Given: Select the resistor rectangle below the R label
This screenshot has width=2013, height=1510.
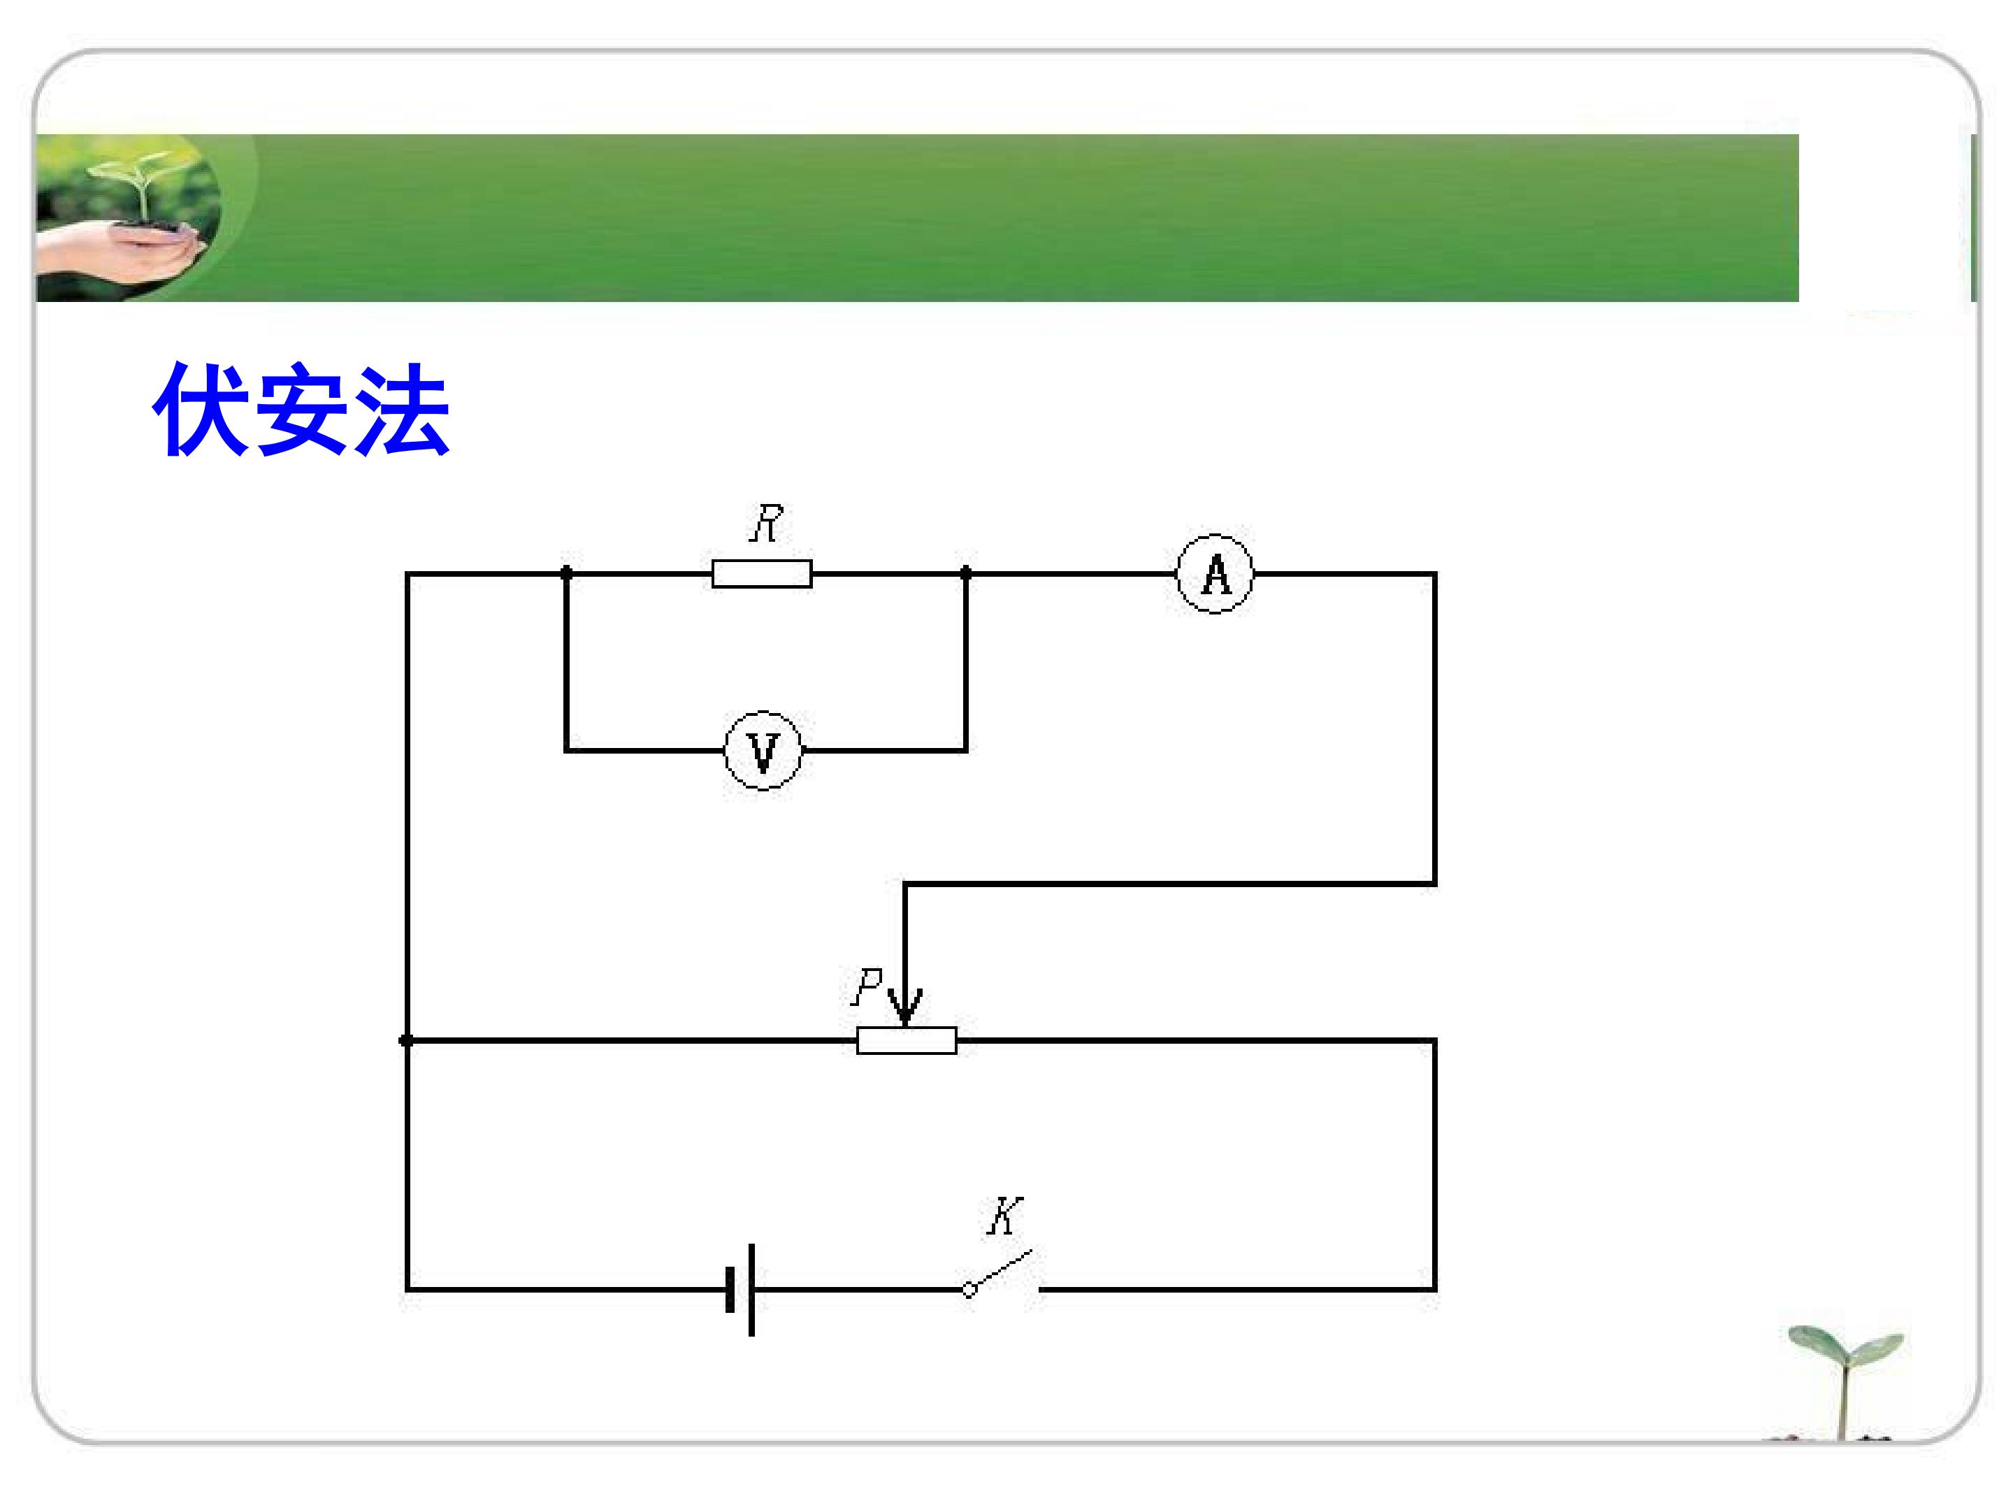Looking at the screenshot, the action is click(x=762, y=575).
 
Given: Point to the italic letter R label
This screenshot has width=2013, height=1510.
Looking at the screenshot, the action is click(x=766, y=524).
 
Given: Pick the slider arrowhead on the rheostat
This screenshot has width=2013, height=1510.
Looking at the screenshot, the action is click(x=904, y=1007).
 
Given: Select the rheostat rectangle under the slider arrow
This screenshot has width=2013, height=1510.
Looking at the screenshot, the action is click(x=907, y=1040).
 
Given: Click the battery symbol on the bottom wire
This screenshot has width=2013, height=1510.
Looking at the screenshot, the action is click(x=741, y=1290).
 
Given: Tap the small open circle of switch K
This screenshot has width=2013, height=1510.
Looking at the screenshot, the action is click(x=970, y=1290).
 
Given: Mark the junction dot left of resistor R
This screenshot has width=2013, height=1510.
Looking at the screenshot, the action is click(x=566, y=573).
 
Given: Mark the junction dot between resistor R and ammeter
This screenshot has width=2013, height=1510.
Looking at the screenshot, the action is click(x=965, y=573).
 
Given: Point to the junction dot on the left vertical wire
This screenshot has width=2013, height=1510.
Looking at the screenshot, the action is click(x=407, y=1040).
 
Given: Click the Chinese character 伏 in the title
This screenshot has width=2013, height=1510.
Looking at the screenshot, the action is click(x=202, y=410).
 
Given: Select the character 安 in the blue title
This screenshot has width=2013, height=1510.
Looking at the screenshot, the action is click(x=301, y=410).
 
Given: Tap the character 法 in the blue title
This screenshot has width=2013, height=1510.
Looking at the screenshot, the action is click(x=401, y=410).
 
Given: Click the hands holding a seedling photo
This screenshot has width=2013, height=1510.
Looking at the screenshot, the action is click(x=127, y=217).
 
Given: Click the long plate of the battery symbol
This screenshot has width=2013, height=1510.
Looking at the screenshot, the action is click(x=751, y=1290).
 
